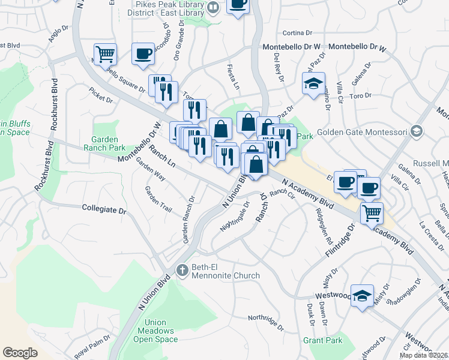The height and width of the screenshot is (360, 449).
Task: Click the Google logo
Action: [x=20, y=353]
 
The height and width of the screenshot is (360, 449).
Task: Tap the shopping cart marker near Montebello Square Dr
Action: [x=105, y=55]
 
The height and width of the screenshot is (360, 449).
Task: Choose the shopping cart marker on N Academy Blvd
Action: [x=372, y=212]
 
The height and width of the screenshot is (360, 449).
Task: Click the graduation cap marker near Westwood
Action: [x=362, y=296]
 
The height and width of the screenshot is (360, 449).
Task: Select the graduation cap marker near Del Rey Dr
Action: [x=313, y=84]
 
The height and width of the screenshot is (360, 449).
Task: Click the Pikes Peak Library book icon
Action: [x=214, y=7]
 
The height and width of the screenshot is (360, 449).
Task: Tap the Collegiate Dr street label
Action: [x=104, y=211]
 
